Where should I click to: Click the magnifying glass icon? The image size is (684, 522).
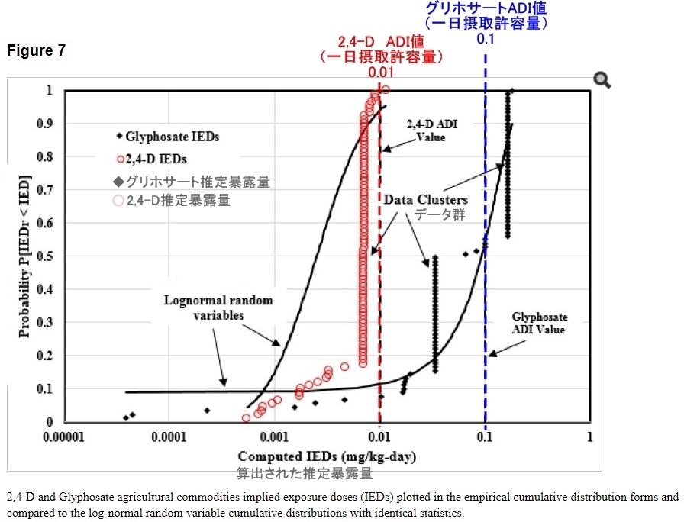pos(602,80)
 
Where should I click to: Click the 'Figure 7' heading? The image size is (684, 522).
pos(37,51)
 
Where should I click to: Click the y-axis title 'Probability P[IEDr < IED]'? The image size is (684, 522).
pos(24,256)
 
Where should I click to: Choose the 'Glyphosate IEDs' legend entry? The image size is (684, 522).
pos(172,137)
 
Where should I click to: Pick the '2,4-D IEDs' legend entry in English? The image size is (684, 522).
pos(156,159)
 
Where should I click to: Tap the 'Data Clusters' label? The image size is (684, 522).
pos(425,200)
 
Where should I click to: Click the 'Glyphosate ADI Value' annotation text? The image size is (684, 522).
pos(539,323)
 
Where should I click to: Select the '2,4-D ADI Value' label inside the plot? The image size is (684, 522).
pos(432,130)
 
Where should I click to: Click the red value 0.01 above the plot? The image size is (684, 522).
pos(381,72)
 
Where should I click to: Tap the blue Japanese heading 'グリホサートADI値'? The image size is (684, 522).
pos(487,8)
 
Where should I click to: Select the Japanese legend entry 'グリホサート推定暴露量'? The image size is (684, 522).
pos(191,182)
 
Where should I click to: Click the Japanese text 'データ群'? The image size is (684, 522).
pos(439,215)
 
